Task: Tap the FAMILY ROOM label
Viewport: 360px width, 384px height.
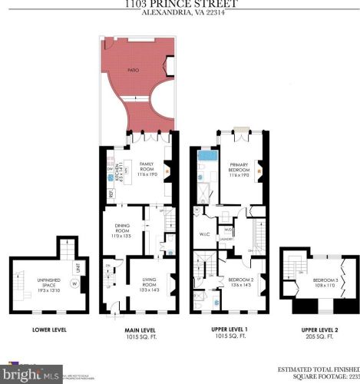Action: pos(147,167)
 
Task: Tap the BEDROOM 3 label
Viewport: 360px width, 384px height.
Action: pos(308,285)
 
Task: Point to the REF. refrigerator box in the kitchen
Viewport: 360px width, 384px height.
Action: pos(107,195)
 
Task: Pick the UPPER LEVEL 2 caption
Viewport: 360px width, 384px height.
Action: pos(310,330)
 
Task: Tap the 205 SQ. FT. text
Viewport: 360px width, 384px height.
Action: pos(310,337)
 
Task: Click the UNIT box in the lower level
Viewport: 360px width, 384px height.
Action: pos(78,268)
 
